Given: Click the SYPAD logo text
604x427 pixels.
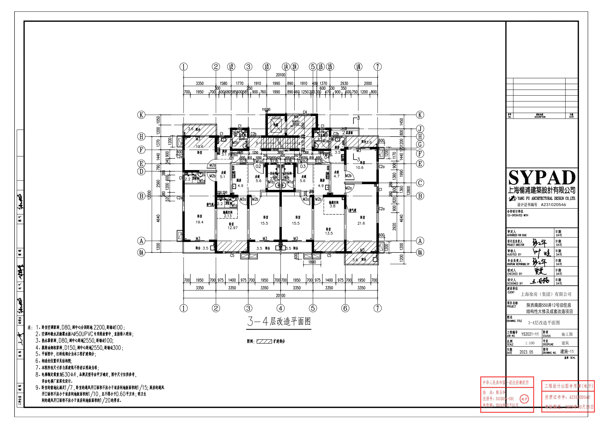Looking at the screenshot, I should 542,178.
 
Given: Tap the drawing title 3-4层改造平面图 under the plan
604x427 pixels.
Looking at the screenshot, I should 279,321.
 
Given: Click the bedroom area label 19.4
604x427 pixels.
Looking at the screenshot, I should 200,222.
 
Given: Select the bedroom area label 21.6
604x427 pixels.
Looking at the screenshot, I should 361,223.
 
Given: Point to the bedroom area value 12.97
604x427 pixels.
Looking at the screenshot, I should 232,228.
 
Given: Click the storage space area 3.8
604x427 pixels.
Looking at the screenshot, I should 333,206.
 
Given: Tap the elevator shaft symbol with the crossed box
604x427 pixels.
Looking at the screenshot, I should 276,125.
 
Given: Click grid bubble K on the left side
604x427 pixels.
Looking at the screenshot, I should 141,115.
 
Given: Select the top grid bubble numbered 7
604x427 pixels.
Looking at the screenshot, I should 378,67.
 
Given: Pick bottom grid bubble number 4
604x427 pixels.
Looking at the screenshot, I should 280,308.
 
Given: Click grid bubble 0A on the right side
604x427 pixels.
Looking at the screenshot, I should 420,252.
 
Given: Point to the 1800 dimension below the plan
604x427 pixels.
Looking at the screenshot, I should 312,262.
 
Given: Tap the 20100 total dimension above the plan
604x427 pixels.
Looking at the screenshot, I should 280,75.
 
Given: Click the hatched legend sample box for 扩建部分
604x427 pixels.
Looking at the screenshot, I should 264,341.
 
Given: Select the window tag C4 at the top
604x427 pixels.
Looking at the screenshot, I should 305,112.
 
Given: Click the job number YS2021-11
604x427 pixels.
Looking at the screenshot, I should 530,334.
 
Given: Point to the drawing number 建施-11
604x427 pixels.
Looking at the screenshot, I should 567,351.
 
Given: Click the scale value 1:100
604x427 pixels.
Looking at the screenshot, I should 530,343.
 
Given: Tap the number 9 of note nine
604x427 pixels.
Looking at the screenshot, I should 37,387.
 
